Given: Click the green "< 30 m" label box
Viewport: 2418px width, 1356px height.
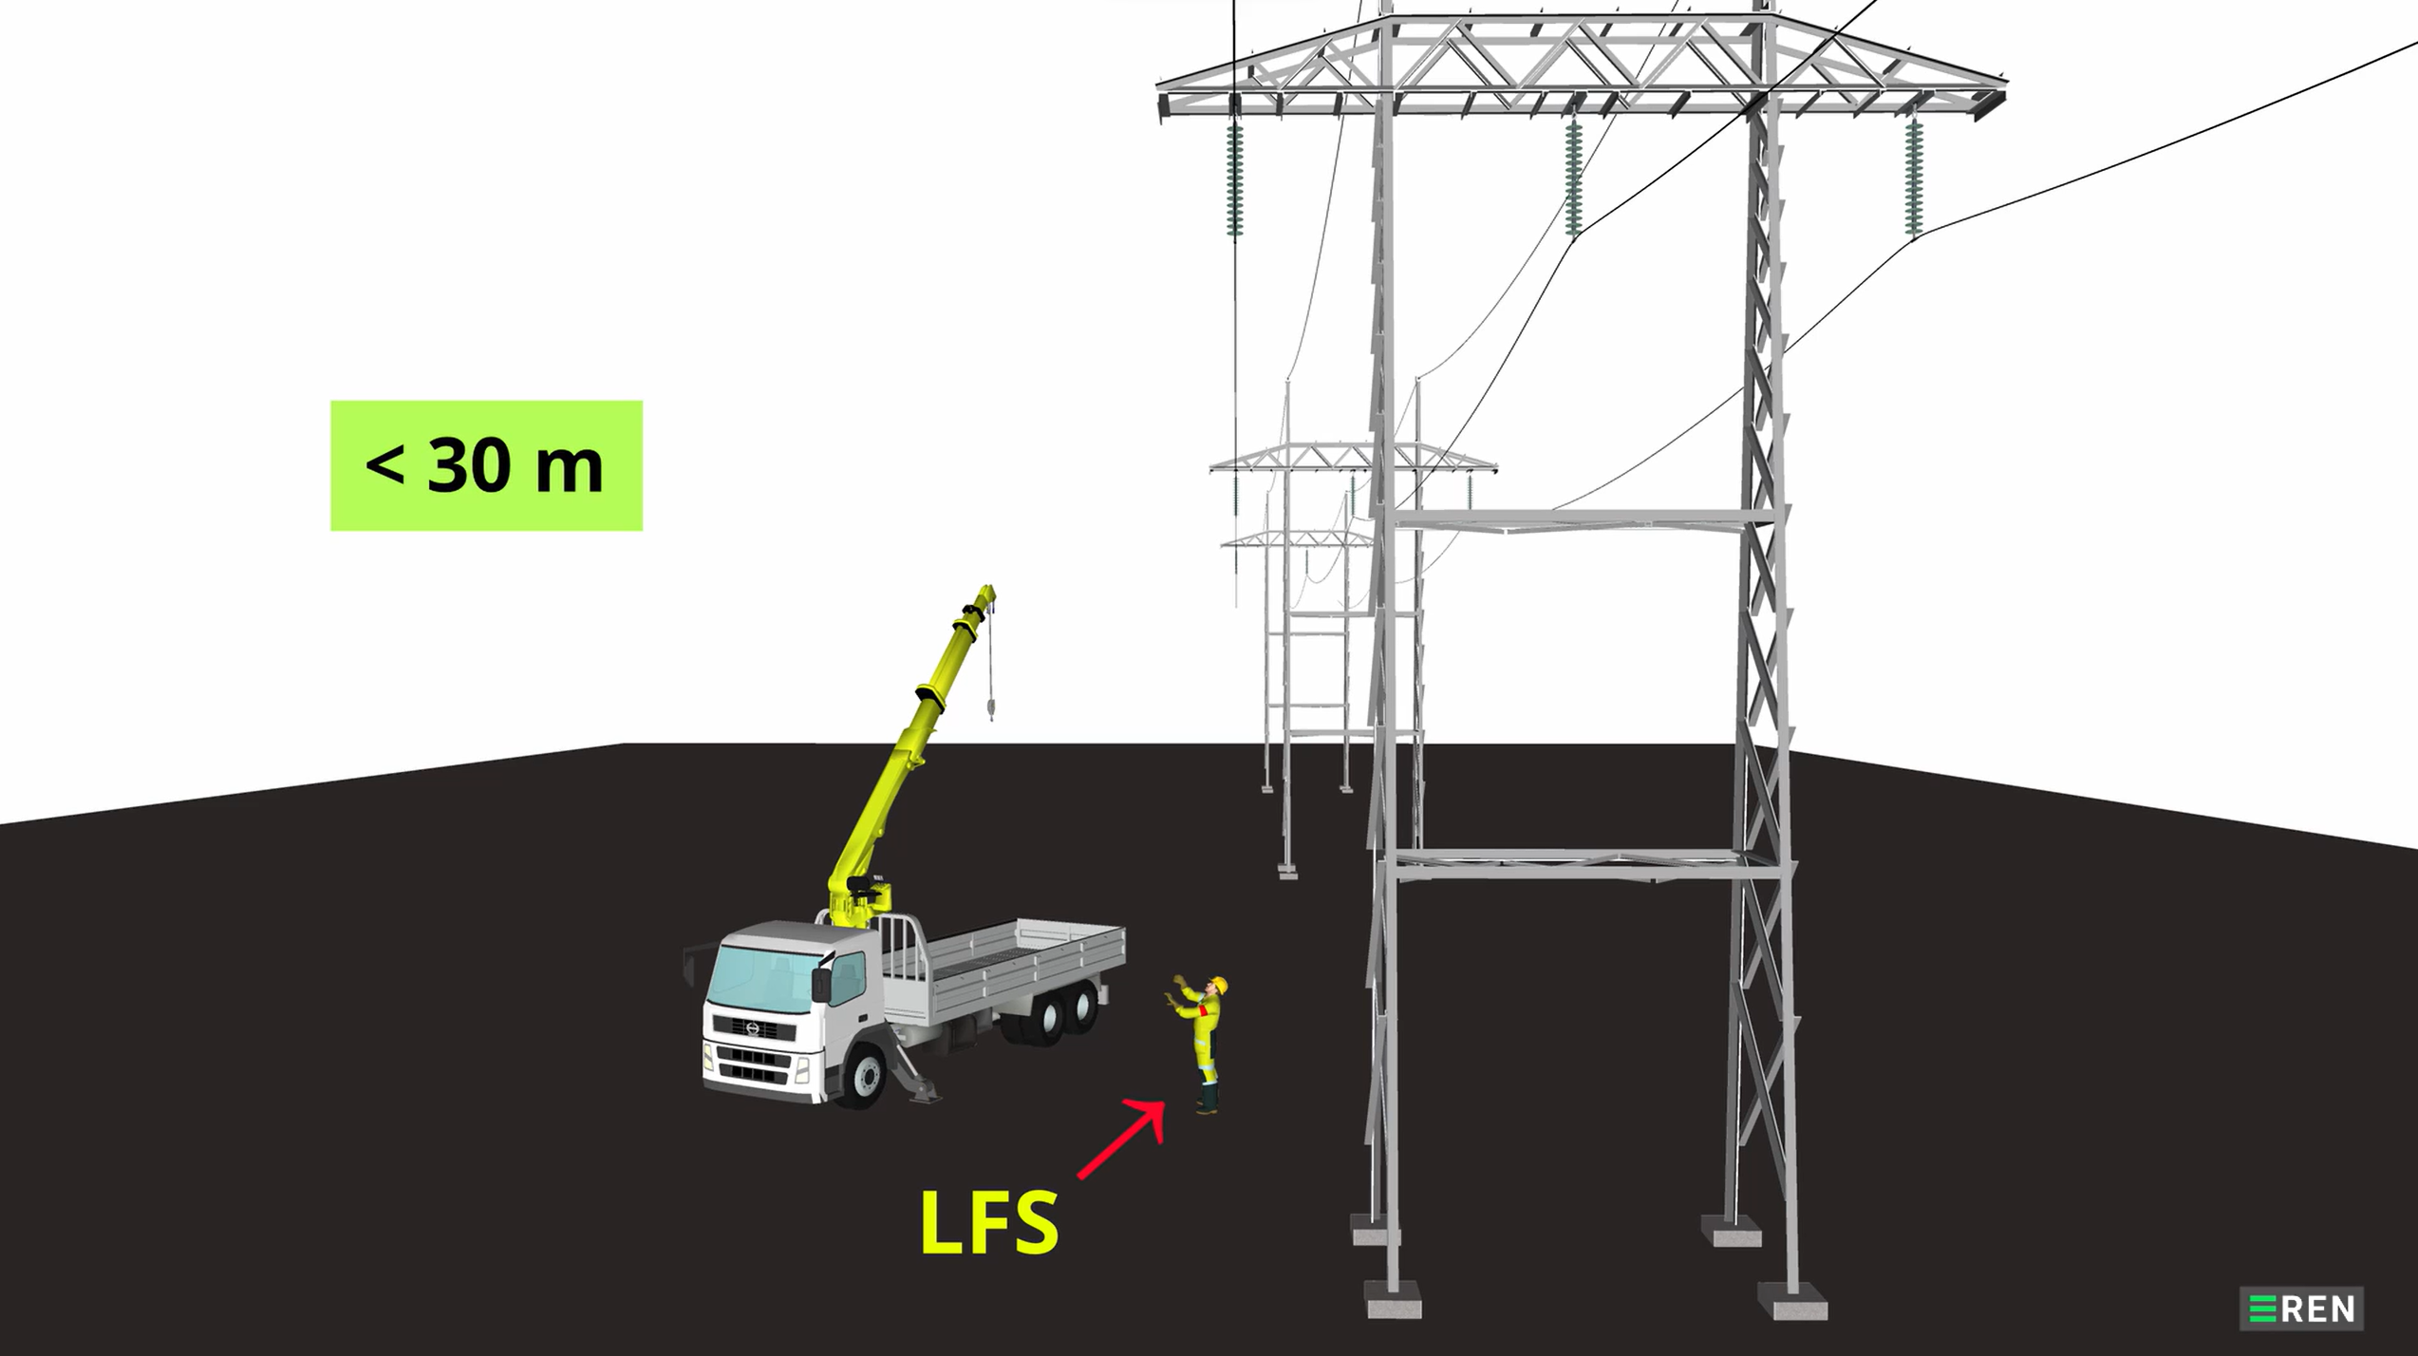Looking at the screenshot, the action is click(x=486, y=465).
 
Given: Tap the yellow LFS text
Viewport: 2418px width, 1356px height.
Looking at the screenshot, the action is click(x=989, y=1223).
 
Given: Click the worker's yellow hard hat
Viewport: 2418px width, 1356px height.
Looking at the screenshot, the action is click(x=1219, y=985).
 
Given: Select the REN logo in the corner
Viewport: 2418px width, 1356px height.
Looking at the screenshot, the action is click(x=2301, y=1309).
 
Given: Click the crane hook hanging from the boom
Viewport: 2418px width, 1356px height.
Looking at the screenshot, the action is click(x=991, y=707).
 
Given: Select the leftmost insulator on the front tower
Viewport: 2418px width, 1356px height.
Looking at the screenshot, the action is click(x=1235, y=180).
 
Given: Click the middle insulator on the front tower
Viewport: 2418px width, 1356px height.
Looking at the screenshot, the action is click(x=1573, y=180).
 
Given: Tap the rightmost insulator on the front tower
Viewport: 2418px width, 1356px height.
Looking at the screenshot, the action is click(x=1913, y=180).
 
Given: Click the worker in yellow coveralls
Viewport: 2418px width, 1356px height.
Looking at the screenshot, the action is click(x=1205, y=1045).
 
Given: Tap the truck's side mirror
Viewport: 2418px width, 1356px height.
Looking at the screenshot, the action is click(x=820, y=983).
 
